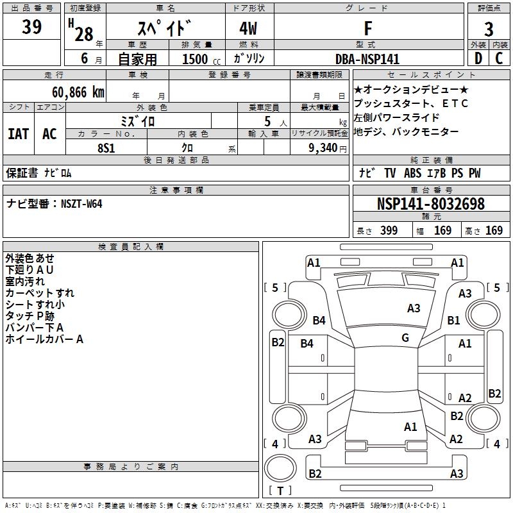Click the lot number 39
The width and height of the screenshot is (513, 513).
point(31,28)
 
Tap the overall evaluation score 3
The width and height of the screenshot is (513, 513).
point(489,29)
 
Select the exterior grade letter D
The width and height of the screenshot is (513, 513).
point(478,58)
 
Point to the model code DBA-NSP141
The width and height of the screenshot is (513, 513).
point(367,59)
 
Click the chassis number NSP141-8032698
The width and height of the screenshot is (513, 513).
point(430,205)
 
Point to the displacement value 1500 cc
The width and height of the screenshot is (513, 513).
point(198,59)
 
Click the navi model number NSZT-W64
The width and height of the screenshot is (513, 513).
point(81,204)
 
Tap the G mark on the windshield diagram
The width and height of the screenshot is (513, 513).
point(405,338)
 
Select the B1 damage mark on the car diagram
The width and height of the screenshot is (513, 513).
point(454,320)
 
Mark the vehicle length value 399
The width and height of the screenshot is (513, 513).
point(388,231)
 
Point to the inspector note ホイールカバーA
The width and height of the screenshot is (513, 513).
point(44,339)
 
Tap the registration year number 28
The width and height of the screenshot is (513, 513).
point(83,33)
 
